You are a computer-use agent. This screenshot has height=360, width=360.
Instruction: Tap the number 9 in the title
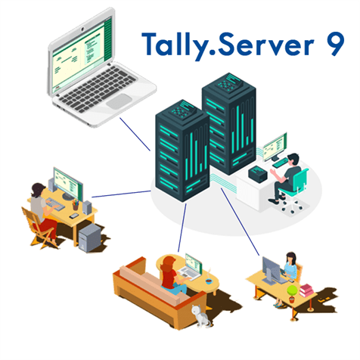pyautogui.click(x=334, y=44)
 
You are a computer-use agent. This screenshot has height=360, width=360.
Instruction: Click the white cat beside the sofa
pyautogui.click(x=200, y=316)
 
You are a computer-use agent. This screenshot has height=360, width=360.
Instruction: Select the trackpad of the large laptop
pyautogui.click(x=119, y=101)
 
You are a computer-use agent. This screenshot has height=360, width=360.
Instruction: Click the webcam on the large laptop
pyautogui.click(x=82, y=29)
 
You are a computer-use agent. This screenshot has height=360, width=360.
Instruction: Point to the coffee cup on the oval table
pyautogui.click(x=209, y=281)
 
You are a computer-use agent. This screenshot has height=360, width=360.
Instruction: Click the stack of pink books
pyautogui.click(x=306, y=290)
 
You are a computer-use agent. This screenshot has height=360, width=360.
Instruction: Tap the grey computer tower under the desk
pyautogui.click(x=90, y=238)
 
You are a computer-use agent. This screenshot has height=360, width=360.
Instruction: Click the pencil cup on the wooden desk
pyautogui.click(x=76, y=205)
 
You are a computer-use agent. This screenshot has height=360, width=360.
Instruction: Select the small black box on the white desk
pyautogui.click(x=258, y=173)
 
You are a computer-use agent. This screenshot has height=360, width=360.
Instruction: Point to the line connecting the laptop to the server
pyautogui.click(x=135, y=134)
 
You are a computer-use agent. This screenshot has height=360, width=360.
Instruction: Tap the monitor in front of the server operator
pyautogui.click(x=275, y=147)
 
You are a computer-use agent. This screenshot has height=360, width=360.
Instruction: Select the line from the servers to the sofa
pyautogui.click(x=182, y=228)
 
